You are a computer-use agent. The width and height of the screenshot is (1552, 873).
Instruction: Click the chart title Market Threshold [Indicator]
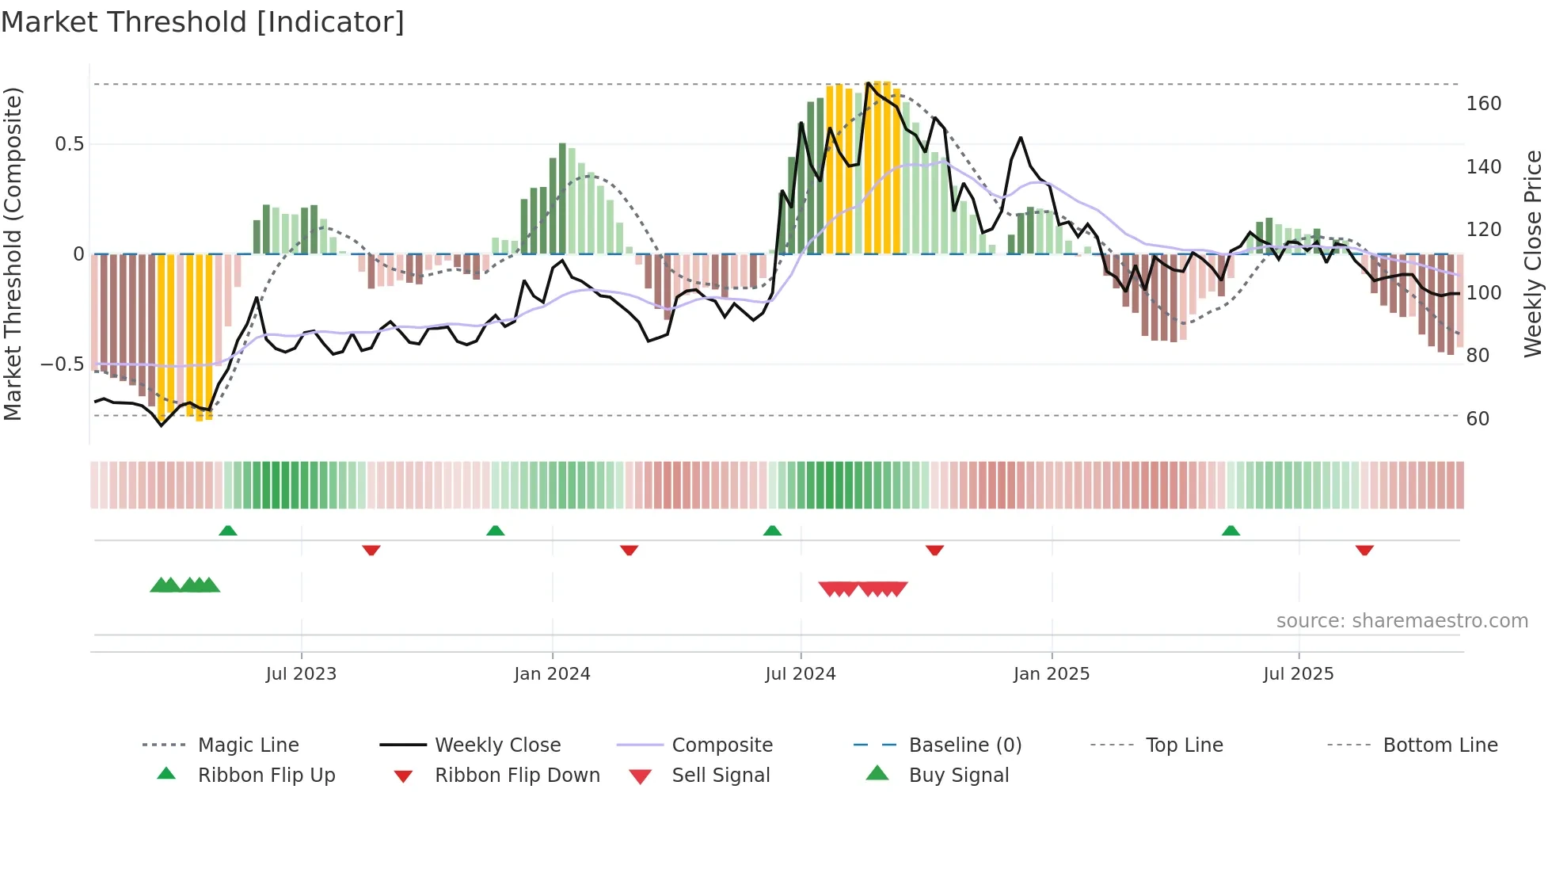click(203, 22)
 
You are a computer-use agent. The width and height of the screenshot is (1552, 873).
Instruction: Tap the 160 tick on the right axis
click(1483, 104)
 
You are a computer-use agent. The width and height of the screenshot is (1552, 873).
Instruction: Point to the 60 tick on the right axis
click(1478, 418)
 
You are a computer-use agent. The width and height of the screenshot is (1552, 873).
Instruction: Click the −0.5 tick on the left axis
click(62, 364)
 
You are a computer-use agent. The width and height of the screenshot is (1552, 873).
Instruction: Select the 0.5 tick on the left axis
click(69, 144)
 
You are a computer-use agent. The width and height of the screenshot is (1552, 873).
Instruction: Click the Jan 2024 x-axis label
click(552, 674)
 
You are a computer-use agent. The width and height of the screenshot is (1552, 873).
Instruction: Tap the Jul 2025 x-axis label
click(1298, 674)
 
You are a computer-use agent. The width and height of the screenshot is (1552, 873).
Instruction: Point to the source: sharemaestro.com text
click(1402, 621)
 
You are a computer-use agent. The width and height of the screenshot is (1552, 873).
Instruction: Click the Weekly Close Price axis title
click(1533, 254)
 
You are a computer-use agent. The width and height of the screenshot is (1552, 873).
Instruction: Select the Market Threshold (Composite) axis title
click(13, 254)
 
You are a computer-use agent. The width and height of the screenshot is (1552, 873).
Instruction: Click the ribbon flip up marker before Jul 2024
click(772, 531)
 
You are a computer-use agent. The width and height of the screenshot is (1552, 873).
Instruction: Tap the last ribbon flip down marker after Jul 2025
click(1364, 550)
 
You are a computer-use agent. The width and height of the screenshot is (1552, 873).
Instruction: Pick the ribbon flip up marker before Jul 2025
click(1231, 531)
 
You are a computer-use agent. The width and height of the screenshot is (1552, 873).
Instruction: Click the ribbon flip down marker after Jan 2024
click(629, 550)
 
